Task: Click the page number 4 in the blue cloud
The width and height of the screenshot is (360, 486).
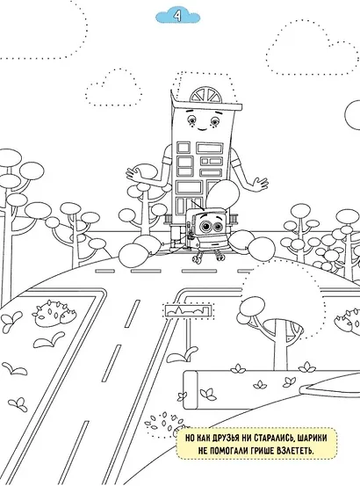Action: coord(177,16)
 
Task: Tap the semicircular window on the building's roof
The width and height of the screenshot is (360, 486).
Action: coord(205,95)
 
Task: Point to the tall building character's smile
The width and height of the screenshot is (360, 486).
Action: coord(202,128)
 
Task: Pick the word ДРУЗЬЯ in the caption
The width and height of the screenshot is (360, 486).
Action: coord(224,439)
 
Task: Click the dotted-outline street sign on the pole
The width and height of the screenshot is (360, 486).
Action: coord(189,310)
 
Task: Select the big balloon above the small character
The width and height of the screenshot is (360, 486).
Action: coord(223,193)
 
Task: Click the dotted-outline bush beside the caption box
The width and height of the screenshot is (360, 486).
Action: coord(163,424)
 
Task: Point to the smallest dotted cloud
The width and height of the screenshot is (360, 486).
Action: coord(114,87)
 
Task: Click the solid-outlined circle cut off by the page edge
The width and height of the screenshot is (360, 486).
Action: coord(353,114)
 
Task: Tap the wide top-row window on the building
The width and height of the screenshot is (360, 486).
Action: coord(210,149)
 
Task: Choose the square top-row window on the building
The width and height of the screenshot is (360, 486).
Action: coord(184,148)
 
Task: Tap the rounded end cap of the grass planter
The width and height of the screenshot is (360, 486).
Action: coord(190,390)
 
